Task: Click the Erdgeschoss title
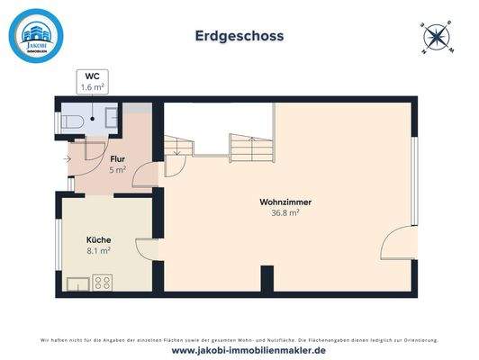(x=239, y=37)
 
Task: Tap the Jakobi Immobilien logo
(x=37, y=34)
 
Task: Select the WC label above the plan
(x=93, y=76)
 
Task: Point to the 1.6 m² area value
(x=93, y=88)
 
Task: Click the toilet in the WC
(x=74, y=119)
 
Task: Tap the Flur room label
(x=117, y=158)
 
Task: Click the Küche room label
(x=98, y=240)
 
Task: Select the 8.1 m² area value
(x=98, y=251)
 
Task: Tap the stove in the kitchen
(x=102, y=282)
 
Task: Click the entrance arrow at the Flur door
(x=69, y=160)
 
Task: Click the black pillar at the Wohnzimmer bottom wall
(x=267, y=279)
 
